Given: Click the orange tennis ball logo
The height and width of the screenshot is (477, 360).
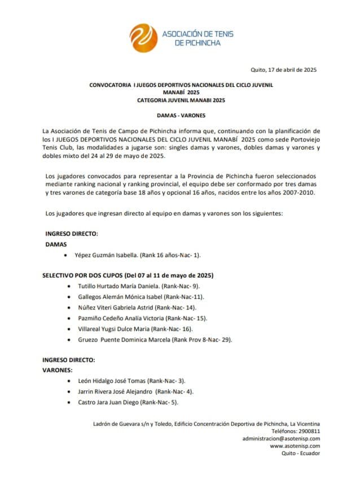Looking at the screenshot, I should [143, 38].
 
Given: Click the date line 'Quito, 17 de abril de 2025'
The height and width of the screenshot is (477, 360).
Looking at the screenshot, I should [283, 70].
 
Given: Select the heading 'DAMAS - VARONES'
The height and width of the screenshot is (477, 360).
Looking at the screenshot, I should [181, 115].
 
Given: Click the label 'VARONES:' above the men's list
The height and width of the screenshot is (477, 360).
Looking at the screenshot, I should [58, 370].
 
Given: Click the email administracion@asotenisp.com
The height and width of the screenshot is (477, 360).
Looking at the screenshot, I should [281, 438].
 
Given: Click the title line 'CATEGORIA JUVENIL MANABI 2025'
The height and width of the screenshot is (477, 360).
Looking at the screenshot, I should [181, 100].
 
